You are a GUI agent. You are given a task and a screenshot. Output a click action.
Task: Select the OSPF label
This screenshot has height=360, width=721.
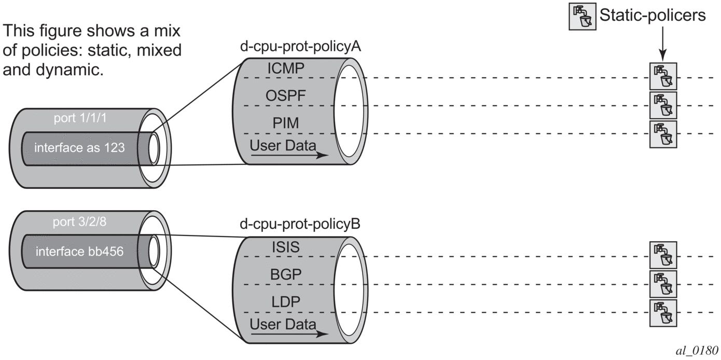tap(283, 96)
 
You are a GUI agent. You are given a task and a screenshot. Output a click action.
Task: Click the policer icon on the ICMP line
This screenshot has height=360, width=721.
tap(663, 76)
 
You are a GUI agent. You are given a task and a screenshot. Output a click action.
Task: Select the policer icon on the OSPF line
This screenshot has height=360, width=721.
tap(663, 105)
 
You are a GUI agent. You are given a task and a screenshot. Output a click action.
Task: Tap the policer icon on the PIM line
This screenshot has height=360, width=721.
tap(663, 134)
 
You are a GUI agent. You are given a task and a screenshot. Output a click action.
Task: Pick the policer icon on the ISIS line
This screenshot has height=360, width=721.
tap(663, 255)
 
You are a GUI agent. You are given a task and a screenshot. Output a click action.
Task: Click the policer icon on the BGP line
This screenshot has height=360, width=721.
tap(663, 283)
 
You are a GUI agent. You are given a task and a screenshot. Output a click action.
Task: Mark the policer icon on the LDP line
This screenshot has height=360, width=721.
tap(663, 312)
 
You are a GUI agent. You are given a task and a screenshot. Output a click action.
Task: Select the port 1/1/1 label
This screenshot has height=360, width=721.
tap(80, 119)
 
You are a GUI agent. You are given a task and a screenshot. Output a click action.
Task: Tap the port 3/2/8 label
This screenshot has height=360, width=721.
tap(80, 223)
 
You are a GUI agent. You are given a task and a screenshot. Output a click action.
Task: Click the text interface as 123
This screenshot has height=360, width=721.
tap(79, 148)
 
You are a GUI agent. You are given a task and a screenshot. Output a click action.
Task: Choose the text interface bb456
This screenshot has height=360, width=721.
tap(79, 252)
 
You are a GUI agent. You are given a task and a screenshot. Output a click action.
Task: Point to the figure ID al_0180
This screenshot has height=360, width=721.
tap(697, 349)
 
